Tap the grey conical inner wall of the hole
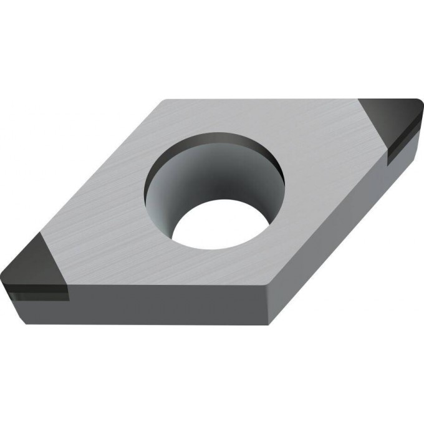point(187,187)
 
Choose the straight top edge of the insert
point(262,100)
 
